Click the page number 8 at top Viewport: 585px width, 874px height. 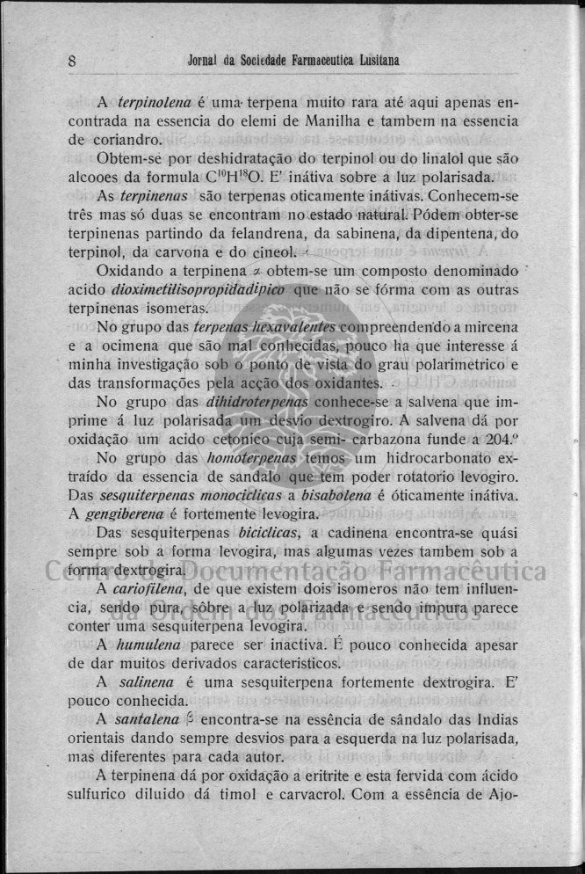click(x=71, y=61)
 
